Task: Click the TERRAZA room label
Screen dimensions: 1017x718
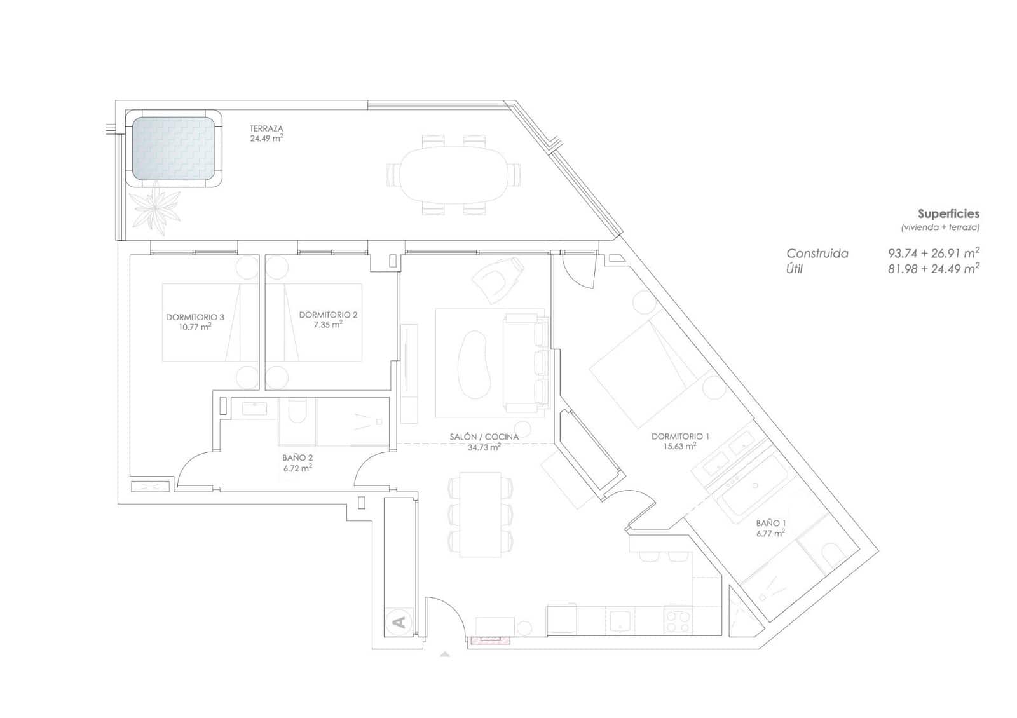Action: [x=266, y=129]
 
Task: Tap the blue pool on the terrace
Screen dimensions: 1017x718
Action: [x=174, y=149]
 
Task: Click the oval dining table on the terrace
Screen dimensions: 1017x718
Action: [x=454, y=175]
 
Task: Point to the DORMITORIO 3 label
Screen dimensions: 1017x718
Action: [x=195, y=317]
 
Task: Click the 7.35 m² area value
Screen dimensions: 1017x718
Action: [x=328, y=325]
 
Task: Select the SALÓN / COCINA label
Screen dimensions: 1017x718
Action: [x=484, y=437]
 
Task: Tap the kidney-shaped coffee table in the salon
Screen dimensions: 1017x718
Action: [x=474, y=365]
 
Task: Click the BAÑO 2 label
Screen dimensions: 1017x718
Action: [x=297, y=458]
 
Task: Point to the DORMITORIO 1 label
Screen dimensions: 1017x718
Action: [x=680, y=436]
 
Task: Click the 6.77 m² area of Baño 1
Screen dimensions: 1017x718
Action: [x=770, y=533]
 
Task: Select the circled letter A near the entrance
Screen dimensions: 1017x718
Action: [x=400, y=621]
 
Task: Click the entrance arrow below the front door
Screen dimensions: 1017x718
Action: [x=445, y=654]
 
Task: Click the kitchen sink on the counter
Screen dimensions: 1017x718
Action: [x=620, y=620]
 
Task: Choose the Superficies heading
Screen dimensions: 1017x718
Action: [x=948, y=213]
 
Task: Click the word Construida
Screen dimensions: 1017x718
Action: [x=817, y=254]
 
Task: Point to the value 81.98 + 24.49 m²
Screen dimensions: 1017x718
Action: [x=934, y=268]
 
